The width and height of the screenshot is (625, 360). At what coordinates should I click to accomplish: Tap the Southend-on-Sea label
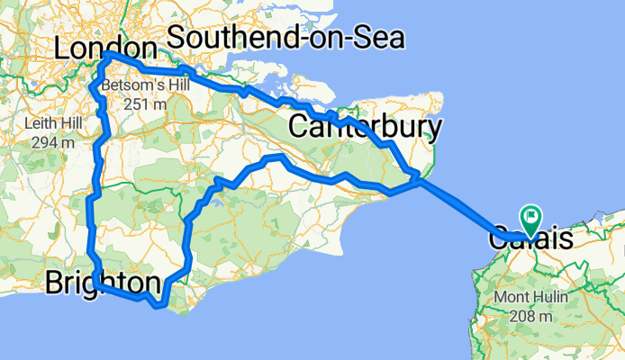(285, 38)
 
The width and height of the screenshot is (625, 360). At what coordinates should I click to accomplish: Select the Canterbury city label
(365, 128)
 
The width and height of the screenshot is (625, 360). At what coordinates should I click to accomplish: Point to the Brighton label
(103, 283)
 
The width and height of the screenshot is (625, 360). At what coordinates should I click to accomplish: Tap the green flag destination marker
(530, 219)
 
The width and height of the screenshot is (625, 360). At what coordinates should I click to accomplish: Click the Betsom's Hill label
(135, 87)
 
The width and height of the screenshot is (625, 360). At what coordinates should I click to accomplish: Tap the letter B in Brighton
(53, 283)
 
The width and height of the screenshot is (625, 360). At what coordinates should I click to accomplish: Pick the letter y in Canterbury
(435, 130)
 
